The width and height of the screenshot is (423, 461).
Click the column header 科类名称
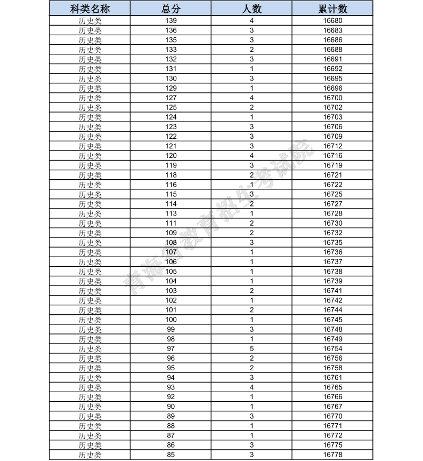[90, 9]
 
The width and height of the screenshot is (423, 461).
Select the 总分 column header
[170, 9]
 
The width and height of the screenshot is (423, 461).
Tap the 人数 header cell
[251, 9]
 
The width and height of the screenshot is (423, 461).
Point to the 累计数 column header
[332, 9]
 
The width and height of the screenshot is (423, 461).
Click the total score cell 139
[170, 20]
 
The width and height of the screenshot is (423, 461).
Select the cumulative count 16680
[332, 20]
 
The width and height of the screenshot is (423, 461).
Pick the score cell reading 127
[170, 98]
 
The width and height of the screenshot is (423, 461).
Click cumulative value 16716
[332, 156]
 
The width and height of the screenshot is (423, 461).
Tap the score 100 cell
[170, 320]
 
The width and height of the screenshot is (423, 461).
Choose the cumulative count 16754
[332, 348]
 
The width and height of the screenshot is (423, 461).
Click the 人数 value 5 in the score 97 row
[251, 348]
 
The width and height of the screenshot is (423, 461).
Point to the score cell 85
[170, 455]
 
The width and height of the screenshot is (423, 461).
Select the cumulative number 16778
[332, 455]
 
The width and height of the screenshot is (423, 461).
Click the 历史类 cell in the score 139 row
[90, 20]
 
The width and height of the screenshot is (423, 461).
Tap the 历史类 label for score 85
[90, 455]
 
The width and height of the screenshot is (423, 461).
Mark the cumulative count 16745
[332, 320]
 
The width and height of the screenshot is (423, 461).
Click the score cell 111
[170, 223]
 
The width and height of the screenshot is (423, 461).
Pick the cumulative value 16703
[332, 117]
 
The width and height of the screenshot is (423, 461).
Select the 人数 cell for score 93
[251, 387]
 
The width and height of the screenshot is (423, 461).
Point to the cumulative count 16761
[332, 377]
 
